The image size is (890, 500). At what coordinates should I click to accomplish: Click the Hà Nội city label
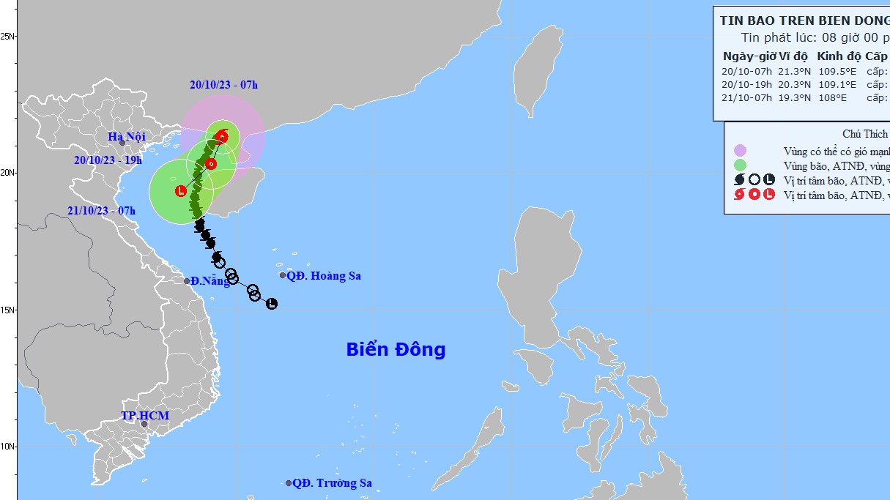(127, 136)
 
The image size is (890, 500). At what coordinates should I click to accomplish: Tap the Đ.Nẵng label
(211, 281)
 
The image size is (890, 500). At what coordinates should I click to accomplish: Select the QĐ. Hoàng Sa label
(324, 276)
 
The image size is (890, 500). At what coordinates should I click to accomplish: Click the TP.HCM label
(145, 416)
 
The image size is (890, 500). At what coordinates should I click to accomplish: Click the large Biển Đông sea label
(396, 350)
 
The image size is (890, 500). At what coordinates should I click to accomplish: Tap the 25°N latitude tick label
(8, 36)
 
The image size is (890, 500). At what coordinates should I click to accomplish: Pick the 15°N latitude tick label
(8, 310)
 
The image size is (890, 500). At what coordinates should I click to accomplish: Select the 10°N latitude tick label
(8, 447)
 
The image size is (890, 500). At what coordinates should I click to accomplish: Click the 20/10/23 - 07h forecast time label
(223, 85)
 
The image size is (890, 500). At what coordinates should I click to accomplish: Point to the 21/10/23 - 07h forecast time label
(102, 211)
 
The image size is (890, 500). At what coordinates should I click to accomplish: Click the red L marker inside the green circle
(181, 191)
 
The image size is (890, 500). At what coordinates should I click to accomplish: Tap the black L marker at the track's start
(272, 303)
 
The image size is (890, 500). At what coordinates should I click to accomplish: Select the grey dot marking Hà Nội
(122, 143)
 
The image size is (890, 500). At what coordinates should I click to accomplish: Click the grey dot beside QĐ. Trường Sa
(289, 483)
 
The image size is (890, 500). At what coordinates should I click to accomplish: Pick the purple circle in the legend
(740, 151)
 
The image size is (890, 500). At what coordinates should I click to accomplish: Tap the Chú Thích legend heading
(865, 134)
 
